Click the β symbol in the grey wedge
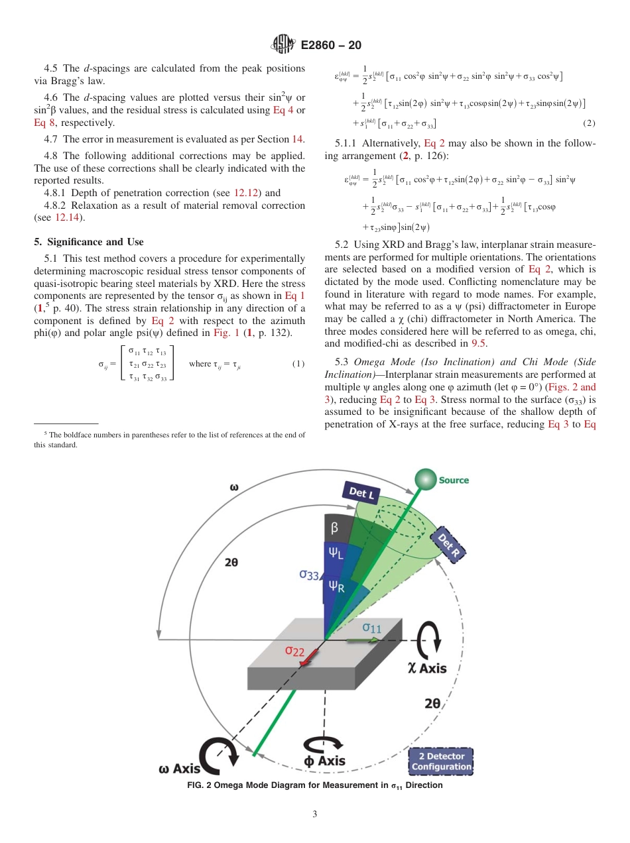coord(334,528)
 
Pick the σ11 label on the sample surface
coord(371,627)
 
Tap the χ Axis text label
coord(427,668)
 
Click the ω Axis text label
coord(180,769)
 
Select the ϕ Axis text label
coord(324,761)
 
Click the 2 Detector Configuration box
coord(441,761)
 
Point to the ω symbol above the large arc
coord(234,486)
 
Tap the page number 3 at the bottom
coord(315,815)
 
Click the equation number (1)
coord(298,364)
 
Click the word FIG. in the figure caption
coord(198,786)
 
